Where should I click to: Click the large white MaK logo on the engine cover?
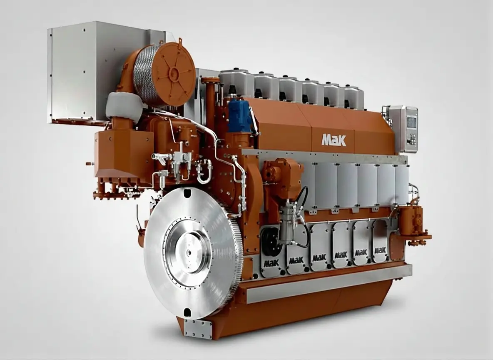[334, 140]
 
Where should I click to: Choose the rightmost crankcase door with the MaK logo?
[381, 241]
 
